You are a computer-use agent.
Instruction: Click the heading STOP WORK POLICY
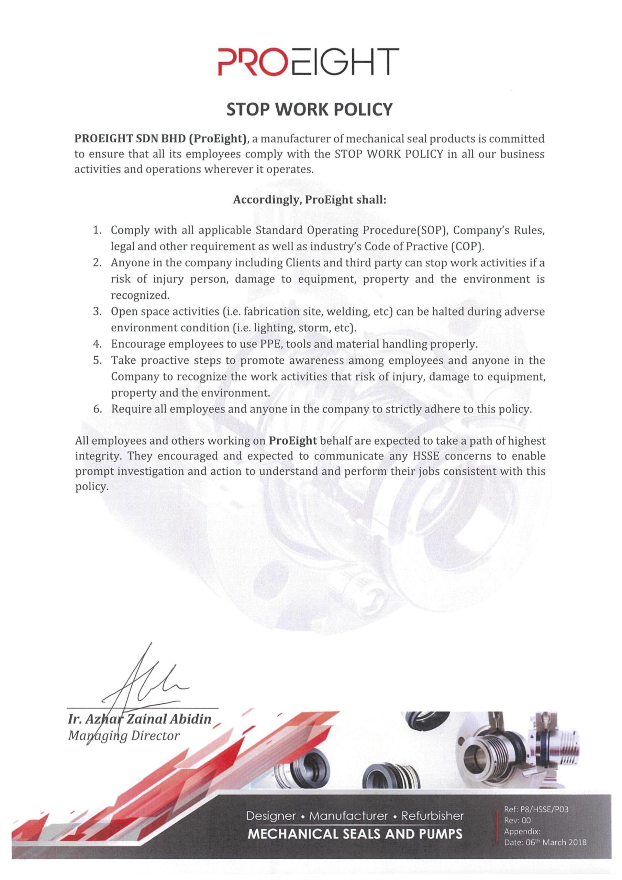pyautogui.click(x=310, y=110)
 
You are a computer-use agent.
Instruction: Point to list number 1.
pyautogui.click(x=97, y=231)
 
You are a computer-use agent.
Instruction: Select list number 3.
pyautogui.click(x=97, y=311)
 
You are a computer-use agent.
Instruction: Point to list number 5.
pyautogui.click(x=97, y=361)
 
